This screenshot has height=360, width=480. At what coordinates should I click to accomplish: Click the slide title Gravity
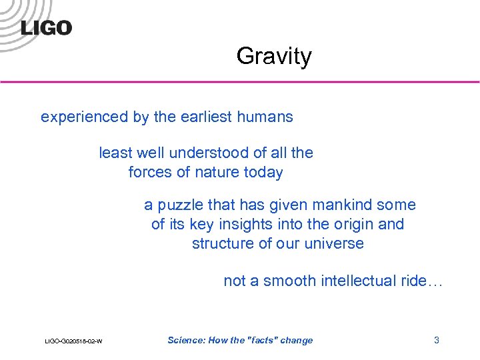[273, 56]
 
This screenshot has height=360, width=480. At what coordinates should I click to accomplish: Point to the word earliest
[207, 117]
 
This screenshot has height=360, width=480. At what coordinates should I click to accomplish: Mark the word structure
[223, 243]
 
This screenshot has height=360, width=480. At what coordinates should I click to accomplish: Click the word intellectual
[359, 281]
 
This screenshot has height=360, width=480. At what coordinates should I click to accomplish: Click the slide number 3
[437, 340]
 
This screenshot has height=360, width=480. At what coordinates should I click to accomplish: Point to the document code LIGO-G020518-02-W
[73, 341]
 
